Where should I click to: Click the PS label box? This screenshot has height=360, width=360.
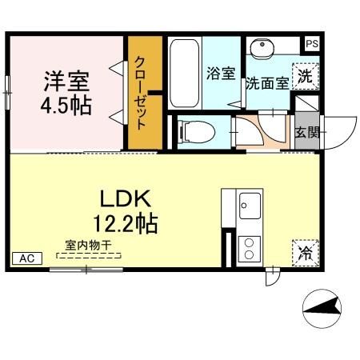coord(311,44)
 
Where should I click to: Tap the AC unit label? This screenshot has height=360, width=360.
coord(26,258)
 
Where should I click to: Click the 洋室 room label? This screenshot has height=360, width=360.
coord(66,82)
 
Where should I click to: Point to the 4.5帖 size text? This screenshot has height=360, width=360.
coord(66,105)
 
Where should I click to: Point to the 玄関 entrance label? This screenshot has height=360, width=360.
coord(305,132)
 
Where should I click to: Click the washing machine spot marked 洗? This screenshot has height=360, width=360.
coord(305,77)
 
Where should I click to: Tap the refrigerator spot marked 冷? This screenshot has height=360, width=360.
coord(305,253)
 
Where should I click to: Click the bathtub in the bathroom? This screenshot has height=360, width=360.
coord(185,73)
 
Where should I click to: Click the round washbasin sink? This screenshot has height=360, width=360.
coord(261,50)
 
